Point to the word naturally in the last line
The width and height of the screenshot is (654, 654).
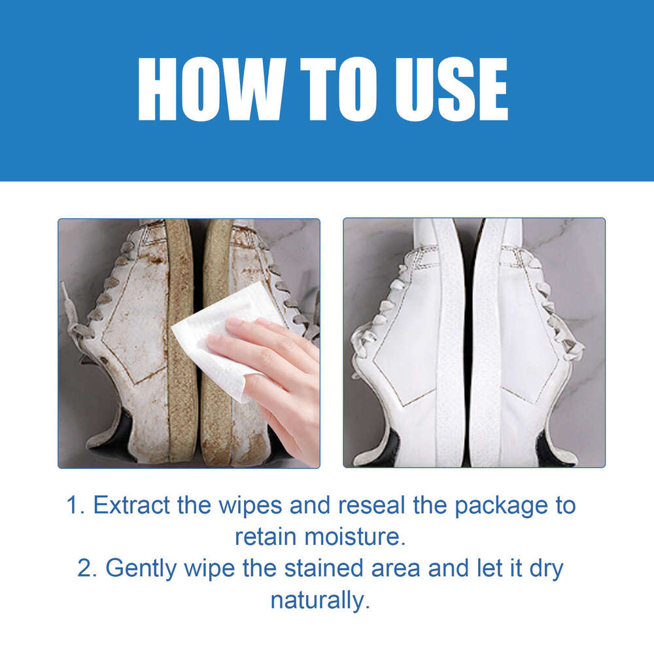(320, 600)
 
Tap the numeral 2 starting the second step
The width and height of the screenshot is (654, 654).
(85, 568)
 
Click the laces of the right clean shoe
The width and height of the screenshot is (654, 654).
(556, 314)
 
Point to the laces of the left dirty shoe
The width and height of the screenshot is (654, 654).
(98, 307)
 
